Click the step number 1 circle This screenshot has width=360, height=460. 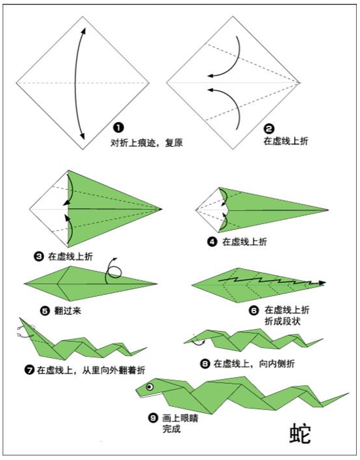coord(119,128)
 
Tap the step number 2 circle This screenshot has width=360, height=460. coord(269,129)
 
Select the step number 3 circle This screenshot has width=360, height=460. coord(39,257)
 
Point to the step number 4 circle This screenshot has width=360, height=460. coord(212,242)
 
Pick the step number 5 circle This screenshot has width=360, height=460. coord(45,311)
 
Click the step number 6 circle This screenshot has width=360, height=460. coord(254,310)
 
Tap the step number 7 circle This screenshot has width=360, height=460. coord(29,370)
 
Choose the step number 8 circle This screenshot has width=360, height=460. coord(205,364)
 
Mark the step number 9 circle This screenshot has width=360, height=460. coord(153,417)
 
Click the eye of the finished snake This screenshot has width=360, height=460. coord(150,387)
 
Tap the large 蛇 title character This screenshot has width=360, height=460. coord(300,434)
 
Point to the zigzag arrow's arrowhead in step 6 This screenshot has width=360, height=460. coord(322,283)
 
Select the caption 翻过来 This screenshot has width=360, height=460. coord(68,311)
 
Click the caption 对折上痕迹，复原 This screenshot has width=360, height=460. coord(146,143)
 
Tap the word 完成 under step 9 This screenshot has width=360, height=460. coord(172,429)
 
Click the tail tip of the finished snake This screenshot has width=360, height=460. coord(348,393)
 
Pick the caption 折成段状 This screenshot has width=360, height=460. coord(283,321)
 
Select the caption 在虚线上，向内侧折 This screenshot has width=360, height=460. coord(254,364)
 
